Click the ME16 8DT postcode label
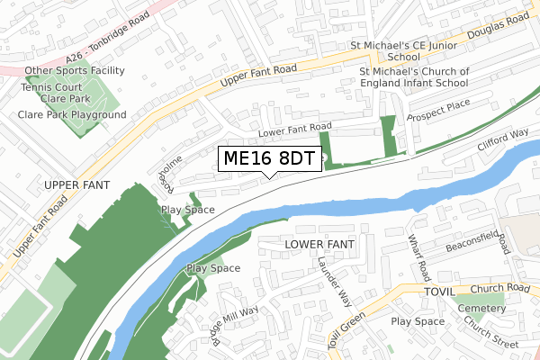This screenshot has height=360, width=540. [269, 159]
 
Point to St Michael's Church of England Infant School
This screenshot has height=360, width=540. [414, 76]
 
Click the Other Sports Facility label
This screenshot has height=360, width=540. [74, 70]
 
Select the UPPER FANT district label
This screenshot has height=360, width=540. [76, 184]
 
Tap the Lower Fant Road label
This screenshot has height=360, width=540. [295, 130]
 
